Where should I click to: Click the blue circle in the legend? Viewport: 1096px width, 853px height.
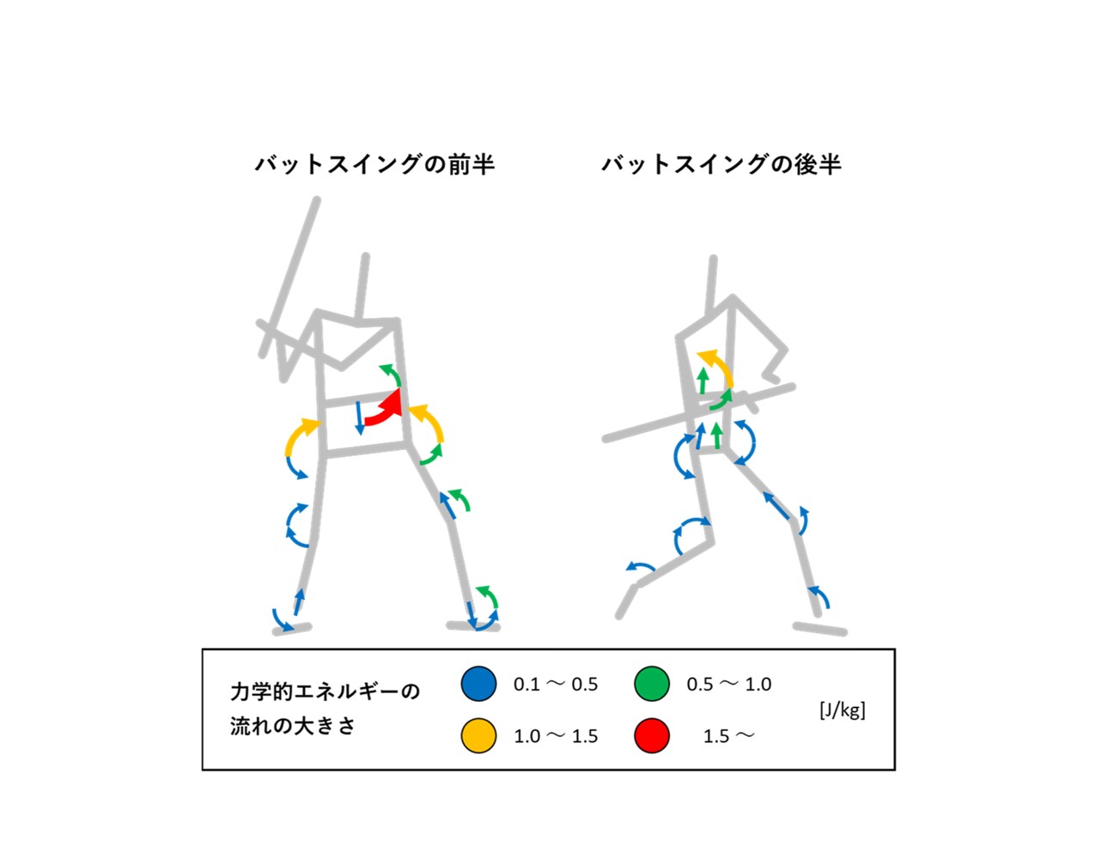click(478, 684)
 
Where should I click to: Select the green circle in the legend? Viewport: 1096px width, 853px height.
click(652, 684)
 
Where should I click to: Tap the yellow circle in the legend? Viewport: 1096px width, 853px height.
click(478, 735)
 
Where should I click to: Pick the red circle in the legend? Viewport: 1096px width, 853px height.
click(652, 735)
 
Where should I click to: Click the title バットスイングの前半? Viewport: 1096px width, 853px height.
click(374, 165)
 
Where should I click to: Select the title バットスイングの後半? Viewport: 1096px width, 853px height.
click(722, 165)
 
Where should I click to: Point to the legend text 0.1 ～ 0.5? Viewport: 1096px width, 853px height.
click(556, 685)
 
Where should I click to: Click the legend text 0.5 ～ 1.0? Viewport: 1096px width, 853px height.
click(729, 685)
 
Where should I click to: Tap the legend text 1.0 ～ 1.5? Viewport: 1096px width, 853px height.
click(556, 736)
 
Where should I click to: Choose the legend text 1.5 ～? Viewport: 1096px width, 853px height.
click(729, 736)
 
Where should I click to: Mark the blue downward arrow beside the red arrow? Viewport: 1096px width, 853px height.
click(359, 417)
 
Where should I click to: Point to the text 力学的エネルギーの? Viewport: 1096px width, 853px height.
click(325, 692)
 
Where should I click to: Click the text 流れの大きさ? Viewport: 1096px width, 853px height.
click(293, 727)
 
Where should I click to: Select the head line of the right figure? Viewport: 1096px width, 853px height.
click(711, 286)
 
